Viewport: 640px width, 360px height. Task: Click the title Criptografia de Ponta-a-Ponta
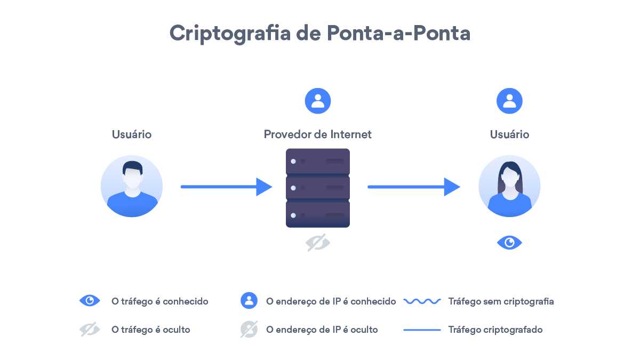click(319, 34)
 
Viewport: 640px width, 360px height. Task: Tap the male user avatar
click(132, 186)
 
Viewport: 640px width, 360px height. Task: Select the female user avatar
click(509, 186)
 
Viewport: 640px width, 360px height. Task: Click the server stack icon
click(318, 188)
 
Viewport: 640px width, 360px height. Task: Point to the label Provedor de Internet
click(317, 134)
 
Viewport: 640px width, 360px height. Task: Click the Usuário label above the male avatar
click(132, 134)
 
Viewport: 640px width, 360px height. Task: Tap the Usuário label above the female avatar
click(509, 134)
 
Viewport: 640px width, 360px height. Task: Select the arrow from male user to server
click(226, 187)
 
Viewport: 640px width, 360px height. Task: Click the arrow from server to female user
click(414, 187)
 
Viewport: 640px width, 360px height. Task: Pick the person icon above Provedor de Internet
click(318, 101)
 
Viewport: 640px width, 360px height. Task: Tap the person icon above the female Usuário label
click(509, 101)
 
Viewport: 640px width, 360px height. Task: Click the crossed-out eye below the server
click(318, 243)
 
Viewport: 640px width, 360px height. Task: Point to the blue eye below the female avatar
click(509, 243)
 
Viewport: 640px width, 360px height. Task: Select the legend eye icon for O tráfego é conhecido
click(90, 301)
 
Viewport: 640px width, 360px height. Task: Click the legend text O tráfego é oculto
click(150, 330)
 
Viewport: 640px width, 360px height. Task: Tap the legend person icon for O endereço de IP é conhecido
click(249, 301)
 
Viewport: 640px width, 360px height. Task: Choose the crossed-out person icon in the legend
click(249, 329)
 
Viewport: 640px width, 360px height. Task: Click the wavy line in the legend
click(422, 301)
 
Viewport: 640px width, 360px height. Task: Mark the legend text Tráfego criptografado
click(495, 330)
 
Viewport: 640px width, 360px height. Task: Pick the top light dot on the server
click(293, 162)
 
